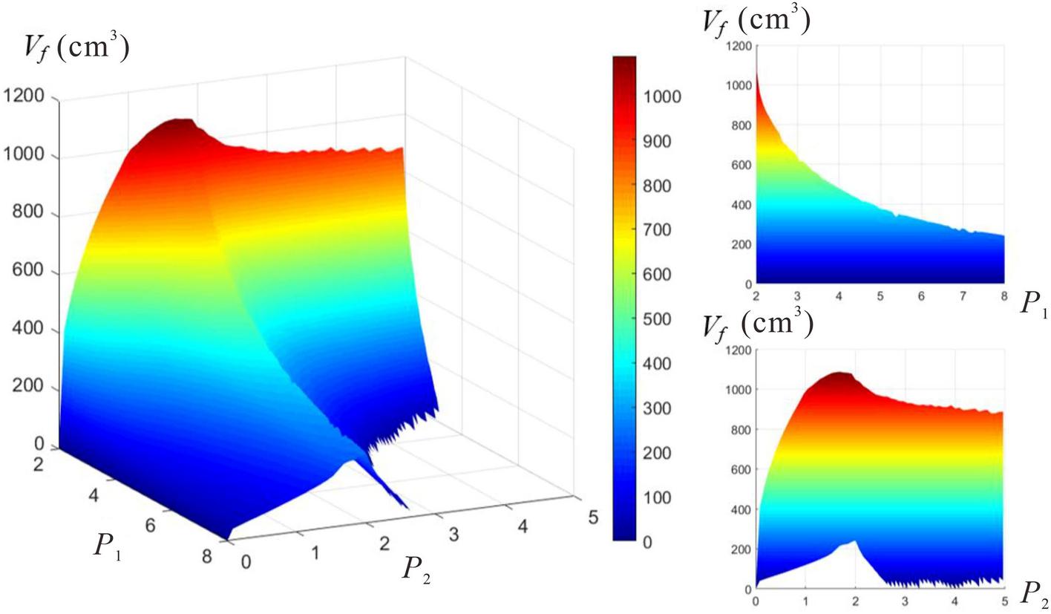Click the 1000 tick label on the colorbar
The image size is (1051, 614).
(x=659, y=97)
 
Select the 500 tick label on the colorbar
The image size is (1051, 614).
(x=655, y=364)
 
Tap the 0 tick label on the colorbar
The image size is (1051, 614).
(x=647, y=542)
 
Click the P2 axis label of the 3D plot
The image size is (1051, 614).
(x=417, y=567)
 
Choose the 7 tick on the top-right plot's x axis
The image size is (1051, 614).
(x=963, y=295)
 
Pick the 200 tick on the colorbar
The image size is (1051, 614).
(x=655, y=453)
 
